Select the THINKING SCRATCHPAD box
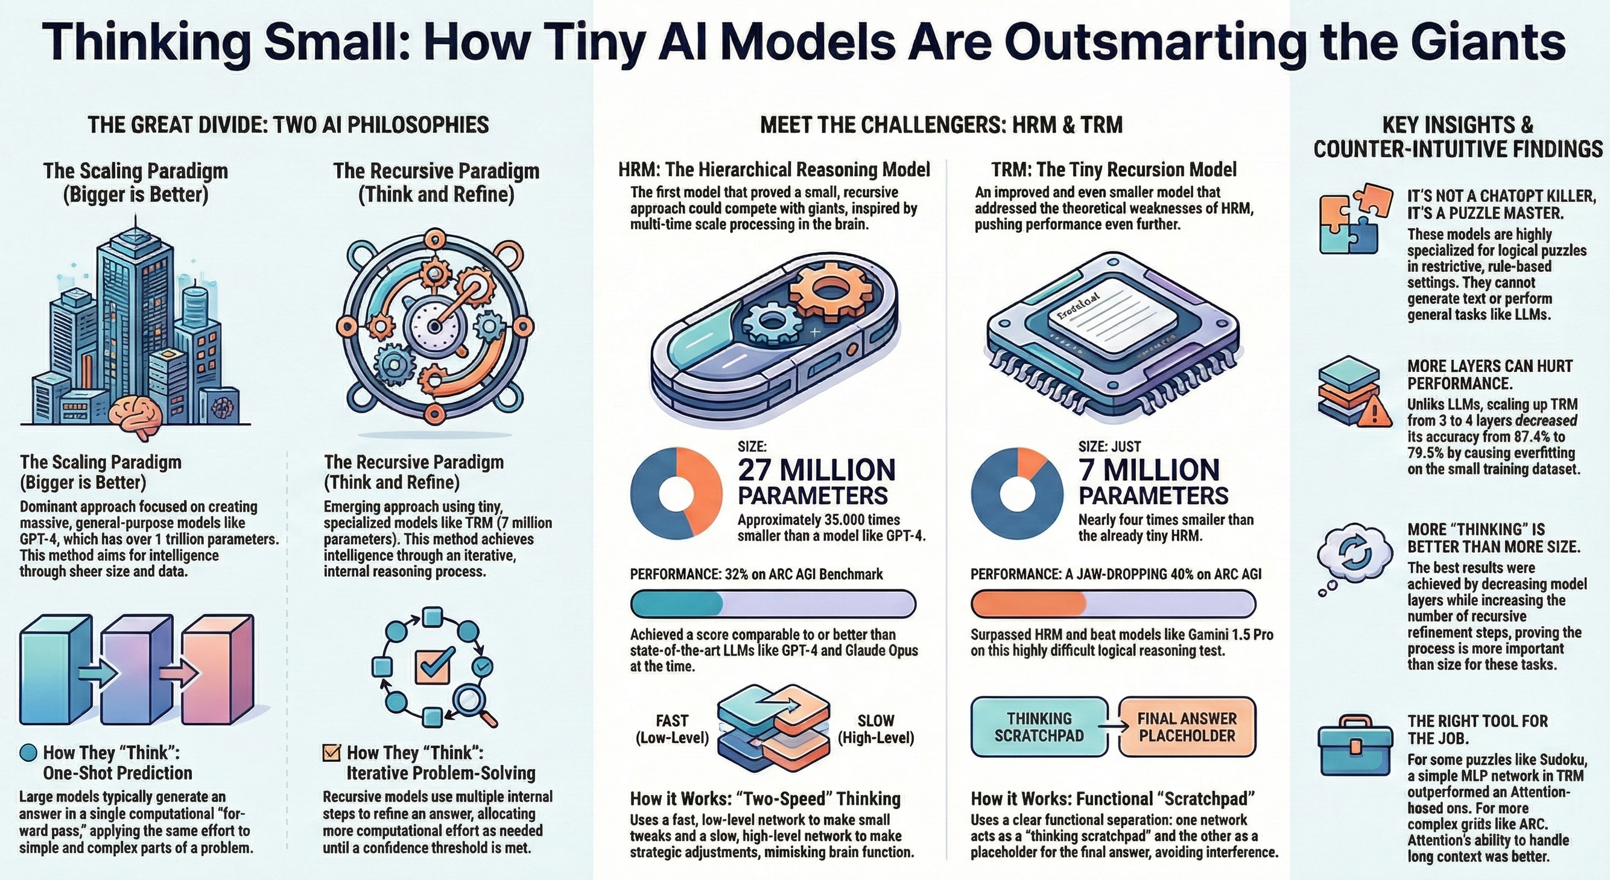[1039, 727]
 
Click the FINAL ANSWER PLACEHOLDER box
[1187, 727]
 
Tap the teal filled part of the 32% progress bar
[677, 604]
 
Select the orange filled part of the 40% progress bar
[1028, 604]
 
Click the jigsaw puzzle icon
[1354, 219]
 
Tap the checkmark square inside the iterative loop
[433, 665]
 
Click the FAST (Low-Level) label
[672, 729]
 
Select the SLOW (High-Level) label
[876, 729]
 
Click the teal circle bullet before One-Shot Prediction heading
[29, 753]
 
